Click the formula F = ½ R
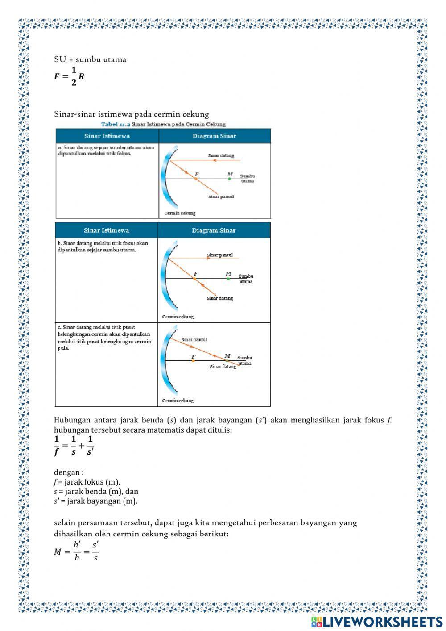[69, 76]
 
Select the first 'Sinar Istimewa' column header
[107, 136]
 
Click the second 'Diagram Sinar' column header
[214, 230]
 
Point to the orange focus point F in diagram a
[195, 178]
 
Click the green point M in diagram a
[229, 178]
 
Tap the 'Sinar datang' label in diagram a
[221, 155]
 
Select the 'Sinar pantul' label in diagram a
[221, 196]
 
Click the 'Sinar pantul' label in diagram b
[219, 255]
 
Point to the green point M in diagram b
[228, 278]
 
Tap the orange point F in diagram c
[193, 360]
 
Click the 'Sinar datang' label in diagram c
[223, 367]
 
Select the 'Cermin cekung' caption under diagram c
[178, 401]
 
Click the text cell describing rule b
[103, 247]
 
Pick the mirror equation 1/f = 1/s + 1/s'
[74, 446]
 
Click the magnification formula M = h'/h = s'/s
[76, 551]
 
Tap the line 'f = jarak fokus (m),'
[87, 482]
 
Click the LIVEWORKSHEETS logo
[377, 621]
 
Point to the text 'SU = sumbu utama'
[90, 59]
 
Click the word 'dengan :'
[69, 472]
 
